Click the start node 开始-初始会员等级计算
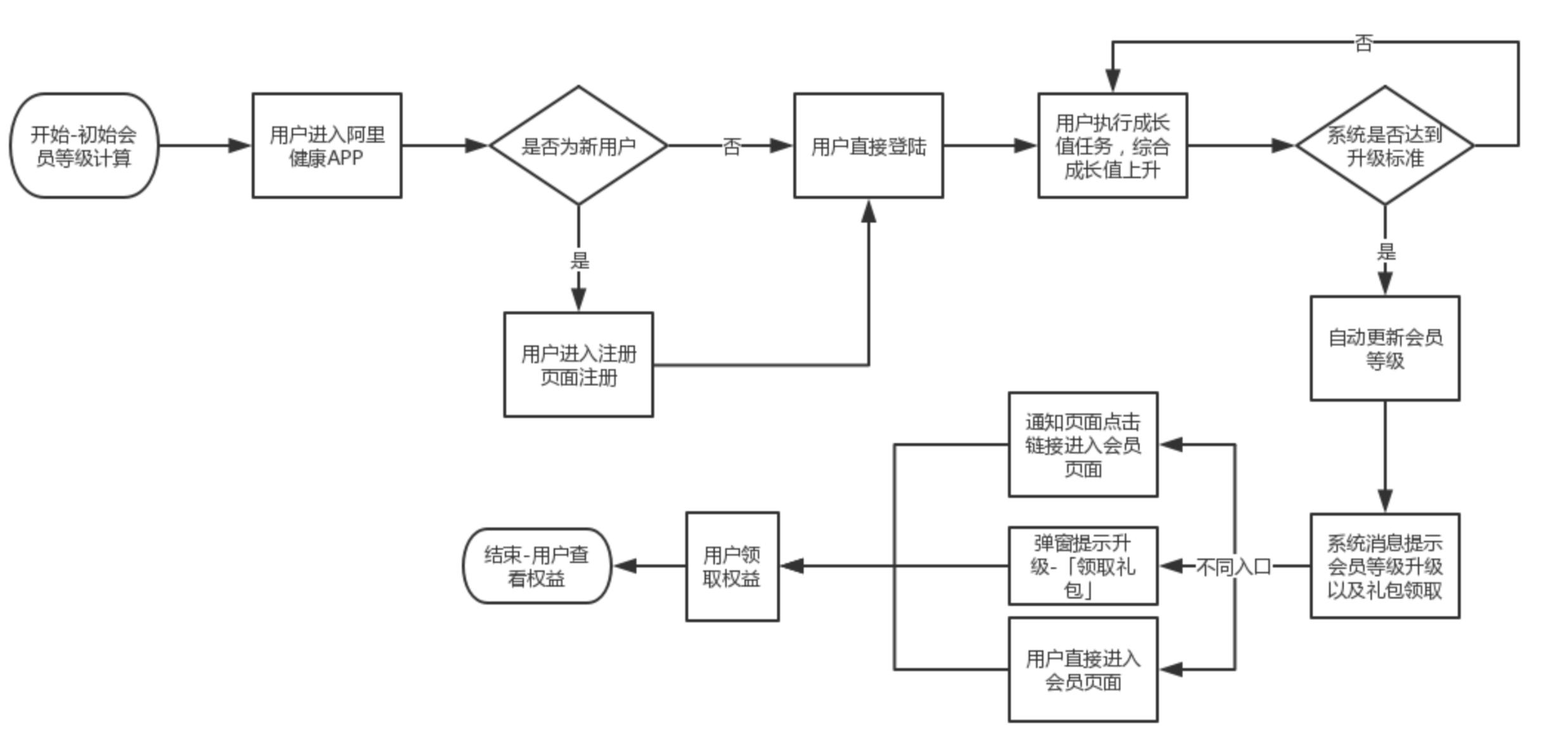point(84,146)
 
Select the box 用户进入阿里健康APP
point(327,146)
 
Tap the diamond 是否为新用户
point(578,146)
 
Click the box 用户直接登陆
point(868,146)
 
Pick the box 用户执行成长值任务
point(1112,146)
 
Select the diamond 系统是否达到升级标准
point(1385,146)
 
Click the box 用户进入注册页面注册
point(578,365)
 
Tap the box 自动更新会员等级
point(1385,348)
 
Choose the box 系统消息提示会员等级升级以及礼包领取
point(1385,565)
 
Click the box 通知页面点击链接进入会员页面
point(1083,444)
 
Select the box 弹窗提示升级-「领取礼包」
point(1083,565)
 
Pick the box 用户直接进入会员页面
point(1083,669)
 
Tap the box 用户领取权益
point(732,566)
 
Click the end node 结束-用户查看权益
point(536,566)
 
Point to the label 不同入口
point(1233,567)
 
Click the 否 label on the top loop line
point(1363,43)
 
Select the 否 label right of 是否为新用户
point(732,146)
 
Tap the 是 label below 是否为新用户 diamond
point(579,260)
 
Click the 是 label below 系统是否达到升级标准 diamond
point(1386,251)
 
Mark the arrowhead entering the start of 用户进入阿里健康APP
point(240,146)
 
